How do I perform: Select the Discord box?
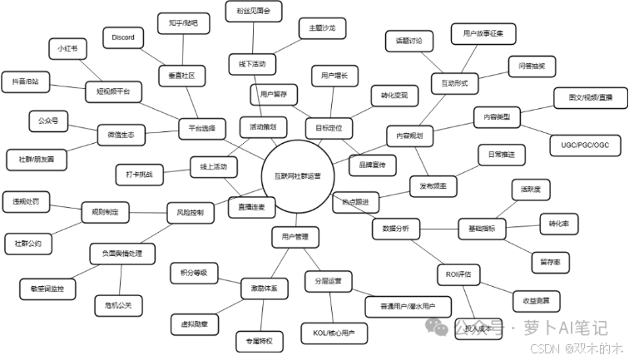(x=124, y=37)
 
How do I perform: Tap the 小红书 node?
(x=67, y=48)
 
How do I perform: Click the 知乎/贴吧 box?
(x=183, y=23)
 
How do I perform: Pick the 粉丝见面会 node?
(x=255, y=12)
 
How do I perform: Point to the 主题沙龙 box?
(x=321, y=28)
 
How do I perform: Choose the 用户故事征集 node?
(x=484, y=33)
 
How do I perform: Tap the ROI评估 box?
(x=458, y=274)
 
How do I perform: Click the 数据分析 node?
(x=395, y=228)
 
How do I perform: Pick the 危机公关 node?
(x=114, y=305)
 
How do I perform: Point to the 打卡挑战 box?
(x=140, y=175)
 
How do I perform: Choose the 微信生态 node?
(x=121, y=133)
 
